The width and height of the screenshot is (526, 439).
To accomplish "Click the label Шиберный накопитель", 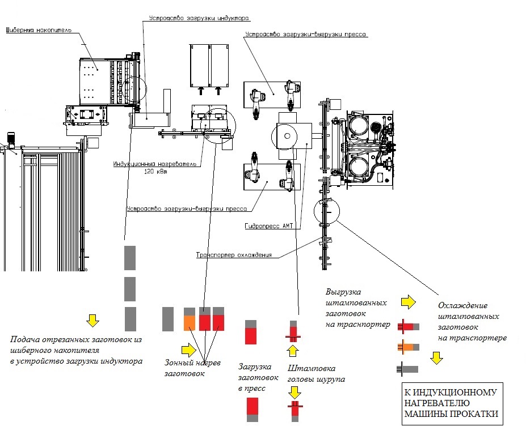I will point(39,29).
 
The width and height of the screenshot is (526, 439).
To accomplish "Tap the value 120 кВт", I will point(157,171).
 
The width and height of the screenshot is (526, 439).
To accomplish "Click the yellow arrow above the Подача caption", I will point(91,321).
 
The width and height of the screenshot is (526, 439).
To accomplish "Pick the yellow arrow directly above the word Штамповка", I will point(293,351).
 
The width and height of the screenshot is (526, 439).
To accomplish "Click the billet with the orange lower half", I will point(189,319).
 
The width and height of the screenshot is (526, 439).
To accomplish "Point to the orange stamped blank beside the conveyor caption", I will point(407,347).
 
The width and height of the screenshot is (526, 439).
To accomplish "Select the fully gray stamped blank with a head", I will point(407,369).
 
